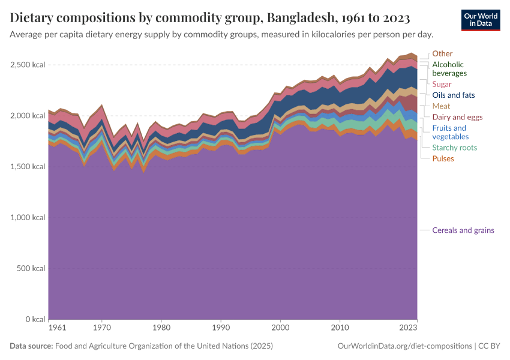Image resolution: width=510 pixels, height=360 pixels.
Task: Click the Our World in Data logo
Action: click(x=480, y=20)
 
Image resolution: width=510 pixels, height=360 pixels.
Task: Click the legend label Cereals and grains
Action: click(x=463, y=230)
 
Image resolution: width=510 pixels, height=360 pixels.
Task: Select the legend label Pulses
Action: click(x=443, y=158)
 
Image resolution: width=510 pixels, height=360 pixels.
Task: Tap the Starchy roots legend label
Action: click(x=454, y=148)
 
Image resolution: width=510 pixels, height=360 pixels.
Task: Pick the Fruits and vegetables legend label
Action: click(x=449, y=133)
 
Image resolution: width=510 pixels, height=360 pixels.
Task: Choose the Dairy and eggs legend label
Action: click(x=457, y=117)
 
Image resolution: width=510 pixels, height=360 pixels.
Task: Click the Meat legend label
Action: click(x=441, y=106)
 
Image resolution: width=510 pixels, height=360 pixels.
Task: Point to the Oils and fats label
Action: click(x=453, y=95)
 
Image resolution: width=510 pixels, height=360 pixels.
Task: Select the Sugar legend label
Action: click(x=442, y=84)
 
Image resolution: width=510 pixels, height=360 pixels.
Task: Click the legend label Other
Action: click(x=442, y=53)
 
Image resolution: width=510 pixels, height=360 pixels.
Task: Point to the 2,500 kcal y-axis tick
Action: click(x=28, y=64)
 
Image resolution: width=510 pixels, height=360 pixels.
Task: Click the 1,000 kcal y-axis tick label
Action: click(x=28, y=217)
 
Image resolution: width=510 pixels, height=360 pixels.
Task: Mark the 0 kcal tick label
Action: click(x=35, y=319)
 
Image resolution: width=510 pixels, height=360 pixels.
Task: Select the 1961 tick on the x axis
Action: click(x=58, y=328)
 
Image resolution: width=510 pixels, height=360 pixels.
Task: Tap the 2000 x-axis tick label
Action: click(x=280, y=328)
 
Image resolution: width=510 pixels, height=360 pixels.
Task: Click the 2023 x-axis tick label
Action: click(x=409, y=328)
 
